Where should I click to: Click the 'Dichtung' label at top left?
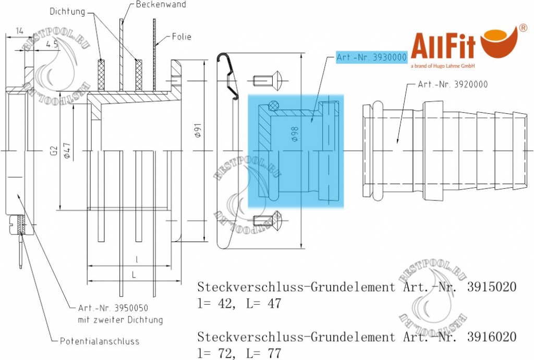(x=68, y=10)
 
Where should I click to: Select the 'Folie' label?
(x=181, y=37)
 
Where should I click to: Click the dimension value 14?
(x=19, y=31)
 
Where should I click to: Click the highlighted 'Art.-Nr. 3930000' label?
(x=371, y=57)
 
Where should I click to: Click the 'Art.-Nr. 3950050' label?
(x=112, y=309)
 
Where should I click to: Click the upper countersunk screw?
(x=268, y=80)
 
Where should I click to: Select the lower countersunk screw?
(x=267, y=223)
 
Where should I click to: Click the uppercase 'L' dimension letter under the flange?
(x=134, y=274)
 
